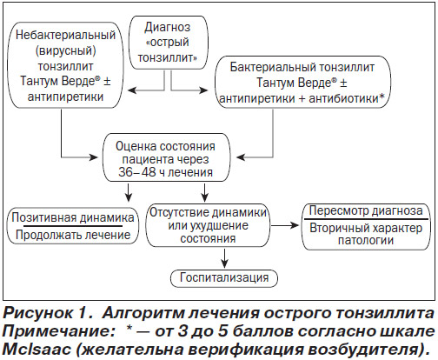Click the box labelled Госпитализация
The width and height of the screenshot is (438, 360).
click(x=224, y=278)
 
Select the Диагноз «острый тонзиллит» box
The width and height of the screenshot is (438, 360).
click(x=168, y=43)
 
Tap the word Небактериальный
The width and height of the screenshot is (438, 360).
click(x=65, y=35)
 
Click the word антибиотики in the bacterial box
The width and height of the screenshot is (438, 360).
click(x=344, y=99)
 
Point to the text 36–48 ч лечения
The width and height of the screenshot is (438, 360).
click(x=166, y=172)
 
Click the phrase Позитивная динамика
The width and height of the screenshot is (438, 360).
click(x=73, y=217)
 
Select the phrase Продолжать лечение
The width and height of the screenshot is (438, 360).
click(x=73, y=235)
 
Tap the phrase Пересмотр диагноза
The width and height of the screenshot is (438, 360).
click(x=366, y=210)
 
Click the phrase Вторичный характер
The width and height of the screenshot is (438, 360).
click(x=366, y=228)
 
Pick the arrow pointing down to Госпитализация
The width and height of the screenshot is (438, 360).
click(x=224, y=258)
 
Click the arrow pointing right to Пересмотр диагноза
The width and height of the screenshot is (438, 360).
click(x=284, y=225)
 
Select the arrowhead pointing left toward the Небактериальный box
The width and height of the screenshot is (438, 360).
click(x=132, y=90)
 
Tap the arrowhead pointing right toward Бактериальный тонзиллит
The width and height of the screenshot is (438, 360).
click(x=203, y=90)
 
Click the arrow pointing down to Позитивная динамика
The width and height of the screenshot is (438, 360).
click(x=129, y=192)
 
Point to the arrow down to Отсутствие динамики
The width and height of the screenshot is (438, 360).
click(x=204, y=192)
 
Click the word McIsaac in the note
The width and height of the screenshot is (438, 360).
click(x=36, y=350)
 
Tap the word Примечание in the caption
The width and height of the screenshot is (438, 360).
click(x=59, y=332)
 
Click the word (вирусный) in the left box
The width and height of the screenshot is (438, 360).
click(x=65, y=50)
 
